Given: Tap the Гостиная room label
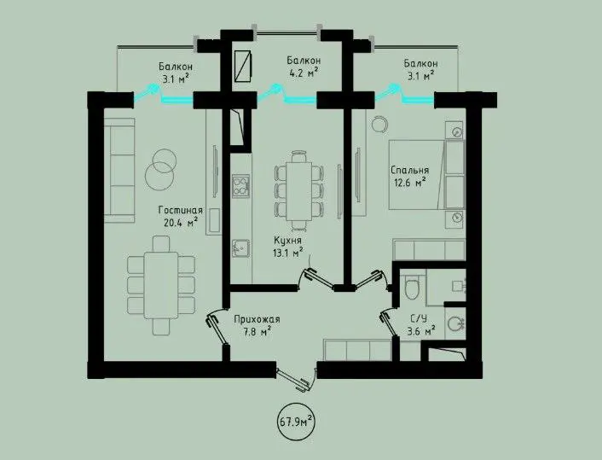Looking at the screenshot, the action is tap(181, 210).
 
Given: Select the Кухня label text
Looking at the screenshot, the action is tap(287, 240).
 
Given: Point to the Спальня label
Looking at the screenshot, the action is tap(410, 170).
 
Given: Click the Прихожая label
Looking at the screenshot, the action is tap(257, 319).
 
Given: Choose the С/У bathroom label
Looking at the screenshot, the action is tap(419, 318).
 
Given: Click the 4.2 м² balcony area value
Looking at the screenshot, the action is tap(303, 73).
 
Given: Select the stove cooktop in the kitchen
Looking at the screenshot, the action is tap(240, 186).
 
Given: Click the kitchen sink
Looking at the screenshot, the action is tap(240, 247).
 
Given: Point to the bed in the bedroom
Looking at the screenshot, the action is tap(426, 175).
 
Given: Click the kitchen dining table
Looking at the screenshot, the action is tap(299, 191).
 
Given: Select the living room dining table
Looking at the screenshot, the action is tap(161, 285).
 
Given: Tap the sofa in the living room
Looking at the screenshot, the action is tap(119, 171).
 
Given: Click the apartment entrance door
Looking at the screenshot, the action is tap(296, 379).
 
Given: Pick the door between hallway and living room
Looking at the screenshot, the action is tap(217, 326).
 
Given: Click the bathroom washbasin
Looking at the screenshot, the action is tap(456, 323).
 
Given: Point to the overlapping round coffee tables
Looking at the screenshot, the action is tap(160, 170).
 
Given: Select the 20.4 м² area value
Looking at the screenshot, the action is tap(181, 222).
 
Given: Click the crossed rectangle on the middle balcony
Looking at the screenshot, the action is tap(242, 66).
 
